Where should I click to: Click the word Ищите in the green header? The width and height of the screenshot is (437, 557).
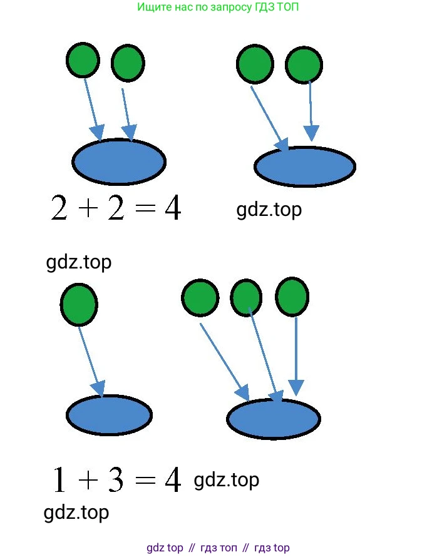click(152, 8)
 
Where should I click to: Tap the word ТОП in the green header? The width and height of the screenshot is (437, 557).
click(296, 8)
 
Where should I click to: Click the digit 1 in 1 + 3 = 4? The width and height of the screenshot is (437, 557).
click(59, 481)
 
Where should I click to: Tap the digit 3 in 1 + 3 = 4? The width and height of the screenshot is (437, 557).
click(115, 480)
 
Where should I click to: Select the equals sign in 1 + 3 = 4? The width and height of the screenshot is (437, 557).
click(144, 481)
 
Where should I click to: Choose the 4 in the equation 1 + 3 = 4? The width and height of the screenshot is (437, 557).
click(172, 480)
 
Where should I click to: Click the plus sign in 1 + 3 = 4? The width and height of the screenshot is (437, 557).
click(88, 481)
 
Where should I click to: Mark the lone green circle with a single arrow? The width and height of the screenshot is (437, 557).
click(78, 305)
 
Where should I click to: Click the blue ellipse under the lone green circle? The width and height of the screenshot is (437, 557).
click(109, 414)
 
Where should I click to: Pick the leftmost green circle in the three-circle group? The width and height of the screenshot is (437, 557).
click(200, 297)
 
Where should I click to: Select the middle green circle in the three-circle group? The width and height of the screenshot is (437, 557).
click(246, 297)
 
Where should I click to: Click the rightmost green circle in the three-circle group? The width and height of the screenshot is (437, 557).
click(292, 297)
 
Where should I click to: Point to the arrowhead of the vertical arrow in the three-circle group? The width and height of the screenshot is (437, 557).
click(296, 387)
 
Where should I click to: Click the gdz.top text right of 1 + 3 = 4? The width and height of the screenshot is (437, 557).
click(227, 480)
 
